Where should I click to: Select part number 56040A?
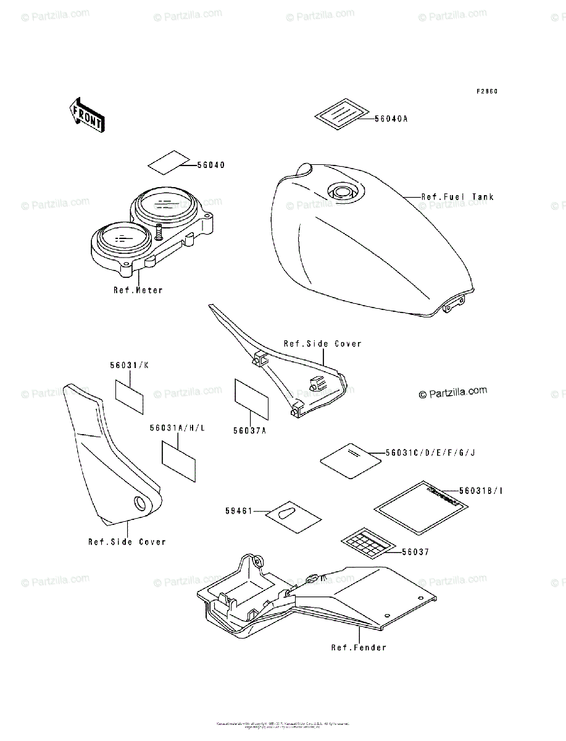[391, 119]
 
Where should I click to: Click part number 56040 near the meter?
[211, 165]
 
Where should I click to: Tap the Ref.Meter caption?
[138, 290]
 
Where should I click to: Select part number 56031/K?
[130, 366]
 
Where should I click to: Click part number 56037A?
[249, 431]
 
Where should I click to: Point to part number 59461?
[239, 511]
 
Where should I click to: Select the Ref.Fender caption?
[358, 648]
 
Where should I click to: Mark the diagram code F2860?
[486, 92]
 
